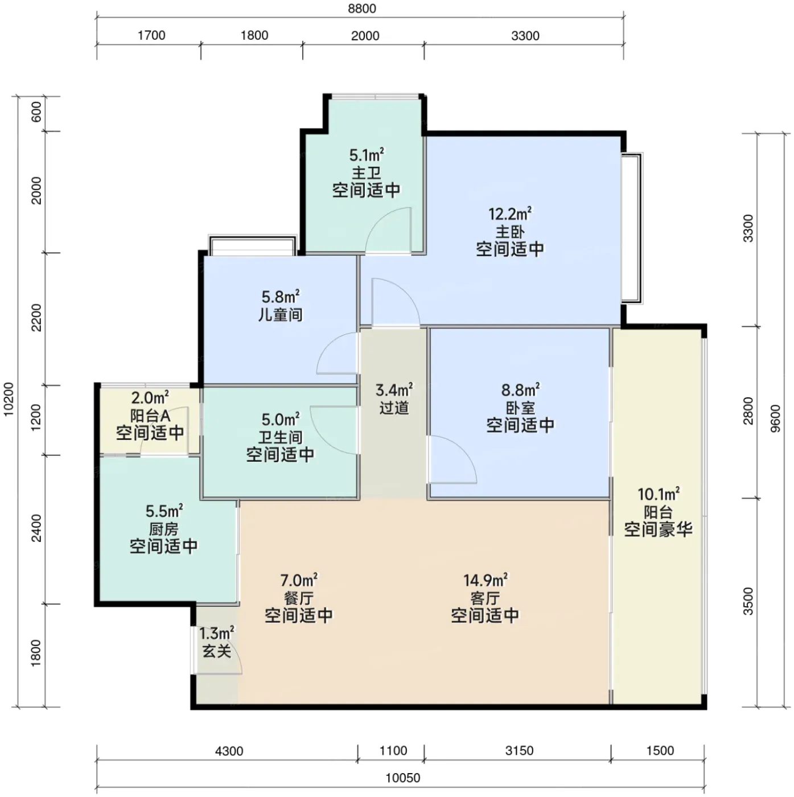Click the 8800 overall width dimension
click(362, 9)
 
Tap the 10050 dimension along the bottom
click(402, 778)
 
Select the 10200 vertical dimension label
click(9, 399)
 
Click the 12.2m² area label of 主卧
click(510, 214)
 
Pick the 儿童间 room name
click(281, 315)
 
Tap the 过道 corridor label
click(394, 408)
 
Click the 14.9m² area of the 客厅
click(485, 580)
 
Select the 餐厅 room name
click(299, 598)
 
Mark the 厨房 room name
click(163, 529)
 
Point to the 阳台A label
click(150, 415)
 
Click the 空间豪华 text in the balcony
click(658, 530)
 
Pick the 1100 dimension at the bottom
click(393, 750)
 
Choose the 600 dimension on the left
click(36, 112)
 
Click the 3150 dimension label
click(520, 750)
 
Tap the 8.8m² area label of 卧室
click(520, 389)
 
